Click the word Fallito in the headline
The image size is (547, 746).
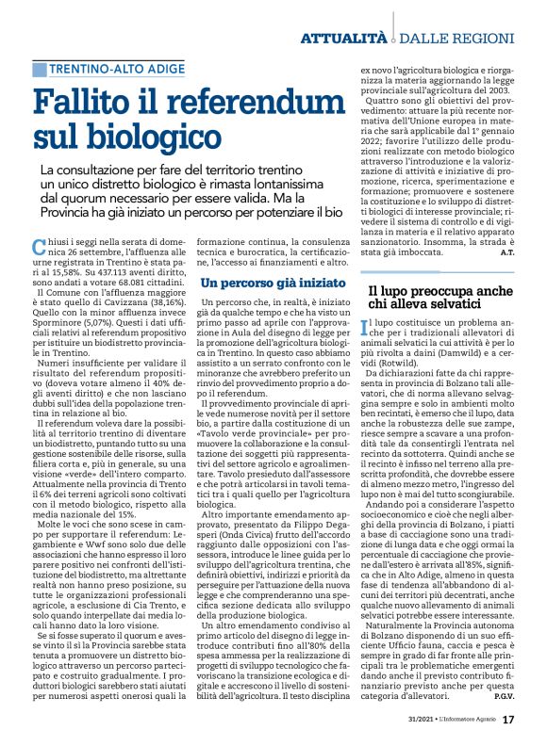[x=90, y=102]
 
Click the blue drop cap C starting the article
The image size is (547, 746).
[x=40, y=248]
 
